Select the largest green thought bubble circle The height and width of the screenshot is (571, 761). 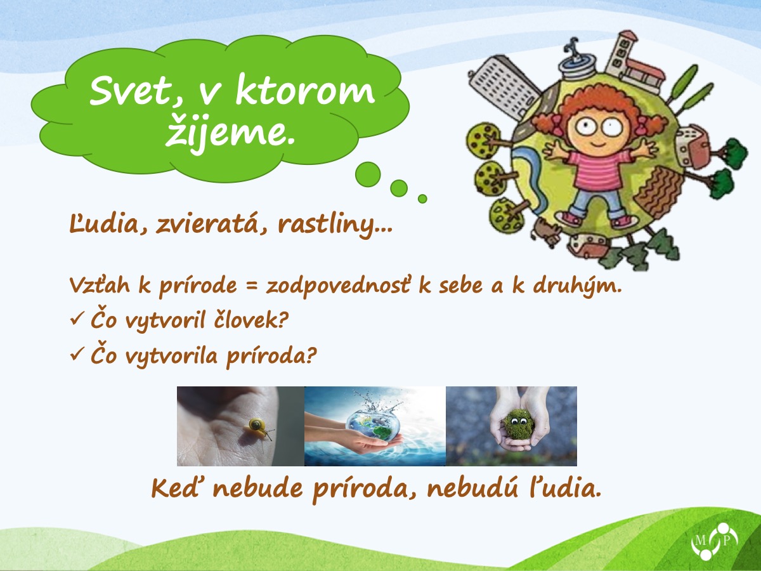pyautogui.click(x=368, y=174)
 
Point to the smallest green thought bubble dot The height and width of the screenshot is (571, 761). pyautogui.click(x=422, y=199)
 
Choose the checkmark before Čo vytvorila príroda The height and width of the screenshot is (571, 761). pyautogui.click(x=76, y=353)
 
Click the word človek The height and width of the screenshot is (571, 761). pyautogui.click(x=250, y=319)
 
